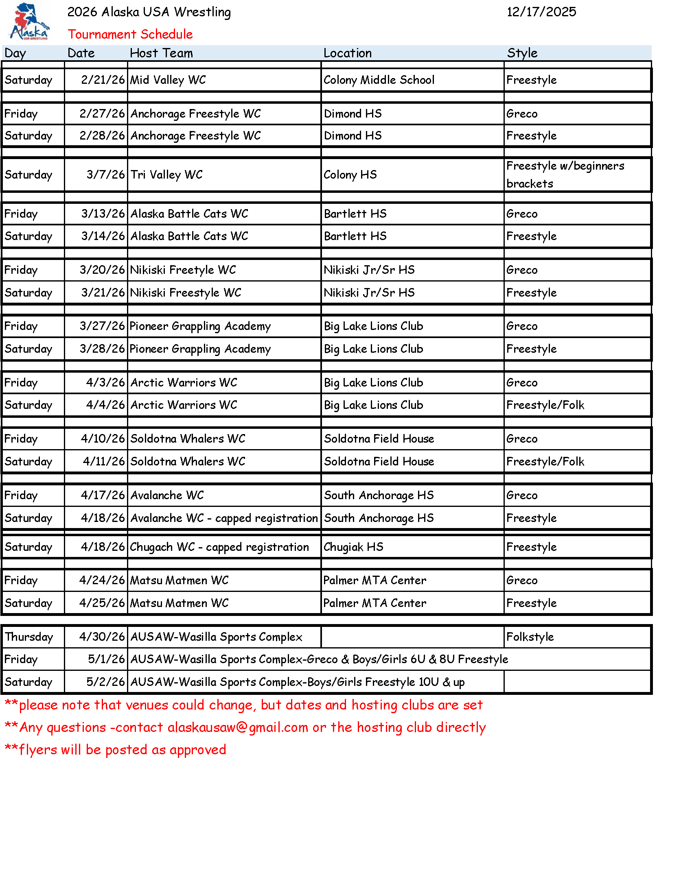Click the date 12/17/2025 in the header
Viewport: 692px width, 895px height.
point(541,12)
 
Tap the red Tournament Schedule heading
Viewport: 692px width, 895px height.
point(130,34)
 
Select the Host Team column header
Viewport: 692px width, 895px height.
point(161,53)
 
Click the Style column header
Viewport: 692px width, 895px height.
point(522,53)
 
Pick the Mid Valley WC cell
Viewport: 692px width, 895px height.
point(168,80)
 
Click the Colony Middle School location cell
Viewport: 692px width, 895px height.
point(379,80)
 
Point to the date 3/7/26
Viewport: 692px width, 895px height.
point(105,175)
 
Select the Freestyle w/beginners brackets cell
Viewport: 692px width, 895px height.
point(565,175)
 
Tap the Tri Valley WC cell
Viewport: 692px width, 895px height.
point(166,175)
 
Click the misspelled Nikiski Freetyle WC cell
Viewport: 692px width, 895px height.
point(183,270)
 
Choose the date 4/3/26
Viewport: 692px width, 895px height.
point(105,383)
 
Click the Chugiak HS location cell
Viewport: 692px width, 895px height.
point(353,547)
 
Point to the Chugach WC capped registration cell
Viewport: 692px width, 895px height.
point(219,547)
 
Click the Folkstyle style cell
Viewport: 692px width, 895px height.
point(530,637)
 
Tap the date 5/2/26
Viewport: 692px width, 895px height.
point(105,682)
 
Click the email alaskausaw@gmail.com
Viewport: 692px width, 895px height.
point(238,727)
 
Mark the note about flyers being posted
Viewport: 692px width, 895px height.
point(116,750)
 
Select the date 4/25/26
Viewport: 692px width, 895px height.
point(102,603)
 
